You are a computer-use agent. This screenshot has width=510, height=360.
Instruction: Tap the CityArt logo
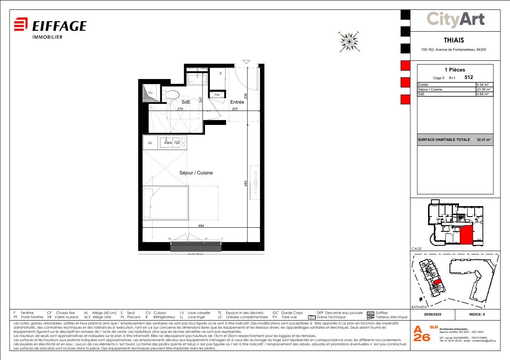455,19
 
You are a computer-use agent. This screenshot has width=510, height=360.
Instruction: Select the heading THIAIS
454,40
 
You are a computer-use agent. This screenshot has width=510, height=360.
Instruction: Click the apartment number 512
468,77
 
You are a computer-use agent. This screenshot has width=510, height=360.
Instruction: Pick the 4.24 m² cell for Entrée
484,85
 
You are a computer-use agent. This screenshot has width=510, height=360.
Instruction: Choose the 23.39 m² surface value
484,89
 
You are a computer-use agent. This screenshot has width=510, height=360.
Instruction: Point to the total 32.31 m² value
484,140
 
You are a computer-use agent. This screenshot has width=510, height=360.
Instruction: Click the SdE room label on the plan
186,102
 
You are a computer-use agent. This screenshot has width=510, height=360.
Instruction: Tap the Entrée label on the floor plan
237,102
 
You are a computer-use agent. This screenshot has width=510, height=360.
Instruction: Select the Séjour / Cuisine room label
196,173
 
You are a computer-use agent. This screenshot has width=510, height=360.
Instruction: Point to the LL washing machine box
151,143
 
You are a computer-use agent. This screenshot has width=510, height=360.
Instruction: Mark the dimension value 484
201,226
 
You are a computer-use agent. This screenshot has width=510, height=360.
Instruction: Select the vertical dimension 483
246,184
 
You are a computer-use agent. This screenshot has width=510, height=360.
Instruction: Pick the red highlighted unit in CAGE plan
466,235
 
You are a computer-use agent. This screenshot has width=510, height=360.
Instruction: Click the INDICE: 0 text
477,314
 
